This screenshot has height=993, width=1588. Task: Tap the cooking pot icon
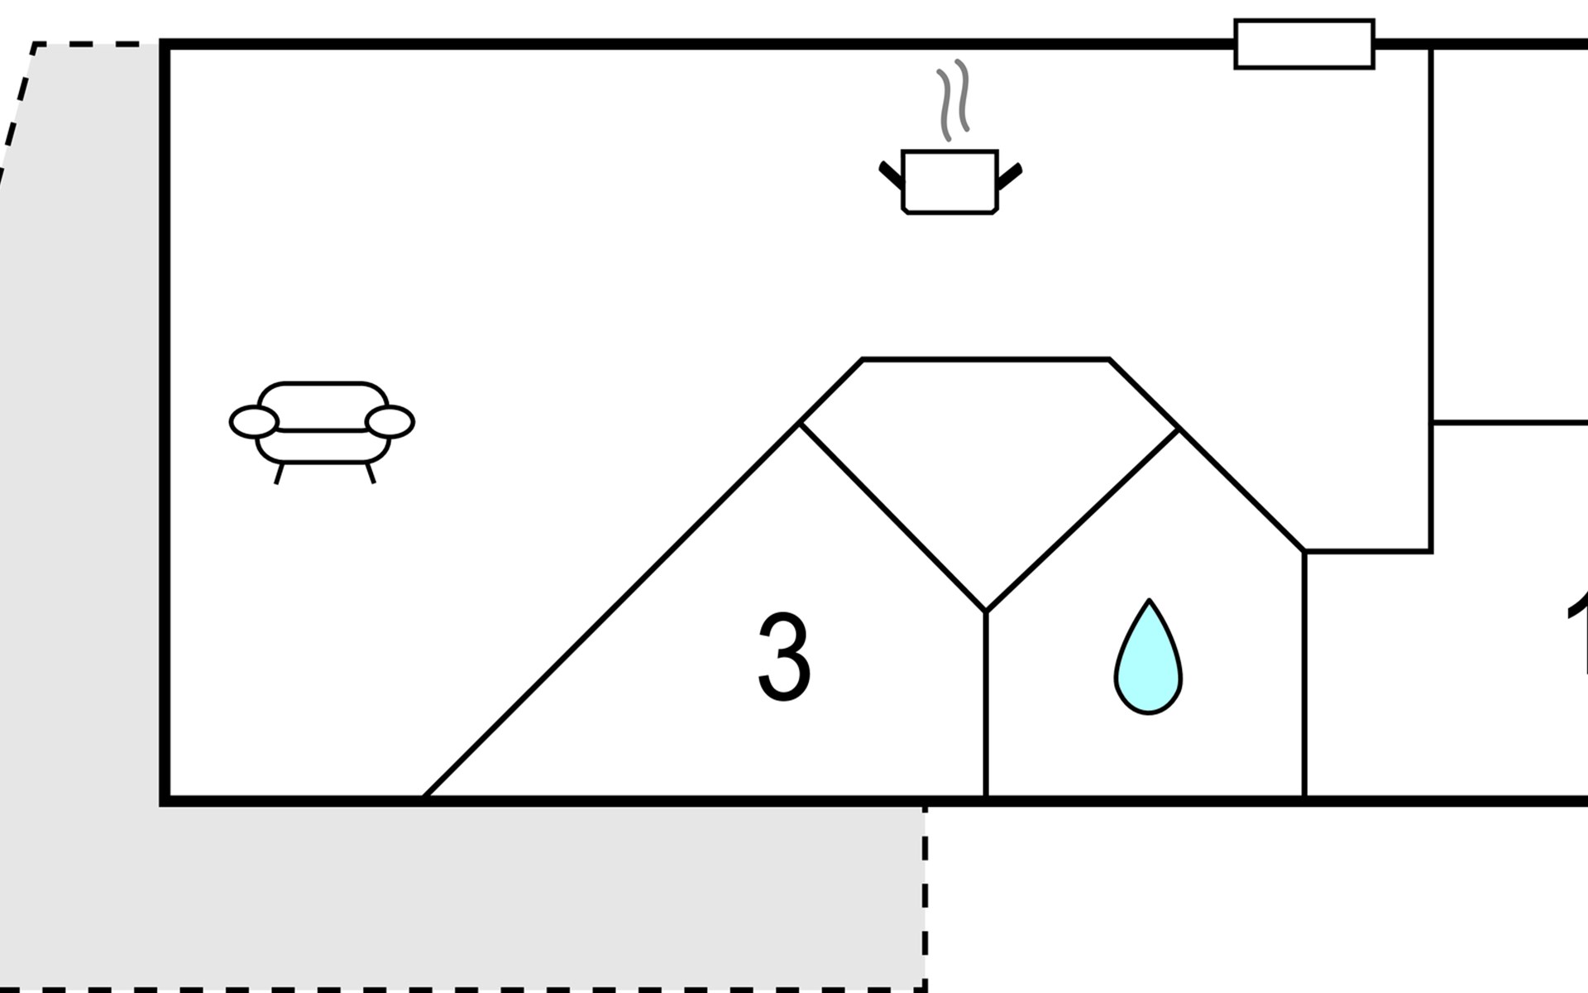pos(949,182)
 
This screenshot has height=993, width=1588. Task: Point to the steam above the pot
pos(953,101)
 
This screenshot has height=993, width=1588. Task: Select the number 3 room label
pos(784,658)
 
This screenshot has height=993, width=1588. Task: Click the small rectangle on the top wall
pos(1303,44)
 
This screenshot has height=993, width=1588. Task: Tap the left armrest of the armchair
pos(253,422)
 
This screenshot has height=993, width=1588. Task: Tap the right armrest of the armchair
pos(390,422)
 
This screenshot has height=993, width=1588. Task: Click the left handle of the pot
pos(891,175)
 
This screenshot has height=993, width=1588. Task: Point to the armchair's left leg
pos(279,473)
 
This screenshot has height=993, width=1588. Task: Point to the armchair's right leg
pos(371,473)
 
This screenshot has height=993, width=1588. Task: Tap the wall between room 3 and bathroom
pos(986,703)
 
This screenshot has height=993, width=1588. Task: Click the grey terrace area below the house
pos(496,894)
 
